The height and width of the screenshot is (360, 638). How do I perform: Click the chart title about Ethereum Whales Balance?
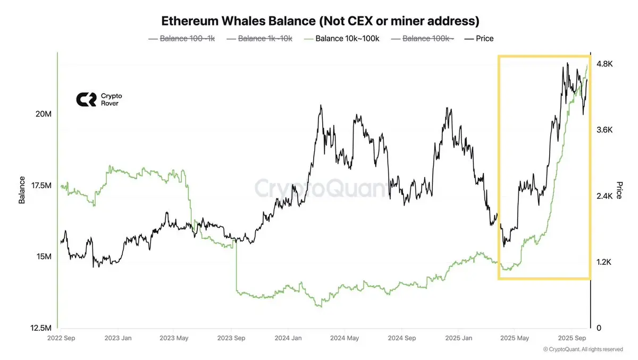pos(320,21)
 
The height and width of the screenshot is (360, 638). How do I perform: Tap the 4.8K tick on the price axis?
pos(605,64)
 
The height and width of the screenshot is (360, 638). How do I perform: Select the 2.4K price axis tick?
pos(605,196)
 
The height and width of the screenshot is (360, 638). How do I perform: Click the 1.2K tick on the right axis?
pos(605,262)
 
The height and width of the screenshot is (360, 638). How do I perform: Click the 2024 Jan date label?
pos(289,338)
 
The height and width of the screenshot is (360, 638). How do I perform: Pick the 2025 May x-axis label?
pos(515,338)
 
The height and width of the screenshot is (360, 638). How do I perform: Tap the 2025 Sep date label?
pos(572,338)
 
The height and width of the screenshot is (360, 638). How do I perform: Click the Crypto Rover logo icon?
pos(86,99)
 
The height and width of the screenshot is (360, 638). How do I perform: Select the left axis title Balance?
pos(22,190)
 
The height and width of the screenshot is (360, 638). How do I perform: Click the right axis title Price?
pos(619,190)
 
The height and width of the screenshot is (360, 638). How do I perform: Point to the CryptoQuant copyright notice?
pos(583,349)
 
